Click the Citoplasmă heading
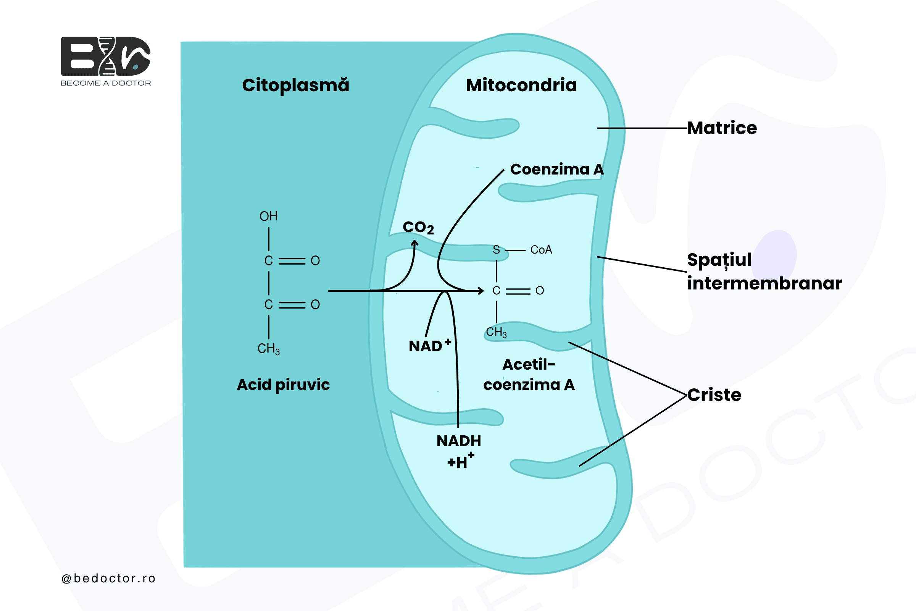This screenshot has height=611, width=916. tap(295, 85)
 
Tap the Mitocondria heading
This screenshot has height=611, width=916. tap(521, 85)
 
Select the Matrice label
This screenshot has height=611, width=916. tap(722, 128)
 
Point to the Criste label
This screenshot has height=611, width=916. tap(714, 395)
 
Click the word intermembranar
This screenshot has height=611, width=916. tap(764, 283)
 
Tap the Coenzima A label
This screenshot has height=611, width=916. tap(557, 169)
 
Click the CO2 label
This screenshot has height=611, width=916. tap(418, 228)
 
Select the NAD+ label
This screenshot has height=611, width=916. tap(430, 346)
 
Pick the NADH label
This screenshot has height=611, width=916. tap(459, 441)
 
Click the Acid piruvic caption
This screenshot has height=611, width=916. tap(284, 385)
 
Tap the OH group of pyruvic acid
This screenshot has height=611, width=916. tap(269, 216)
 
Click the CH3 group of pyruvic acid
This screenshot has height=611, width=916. tap(269, 349)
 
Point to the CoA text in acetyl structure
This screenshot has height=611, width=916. tap(541, 250)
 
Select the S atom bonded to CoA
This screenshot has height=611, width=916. tap(496, 250)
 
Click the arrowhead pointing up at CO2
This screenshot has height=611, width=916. tap(415, 243)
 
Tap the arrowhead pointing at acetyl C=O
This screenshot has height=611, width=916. tap(481, 291)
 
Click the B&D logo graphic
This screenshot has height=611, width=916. tap(106, 56)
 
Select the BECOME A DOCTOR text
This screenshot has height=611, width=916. tap(106, 83)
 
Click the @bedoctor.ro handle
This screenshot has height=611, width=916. tap(109, 578)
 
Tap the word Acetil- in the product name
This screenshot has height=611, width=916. tap(529, 365)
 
